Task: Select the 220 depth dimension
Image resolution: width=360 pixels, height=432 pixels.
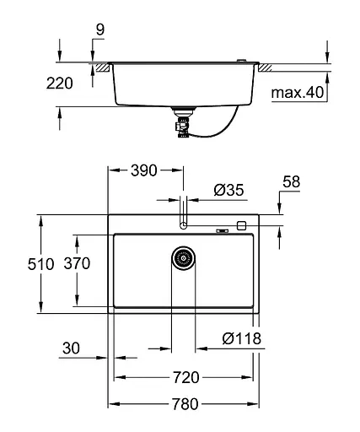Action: pyautogui.click(x=60, y=83)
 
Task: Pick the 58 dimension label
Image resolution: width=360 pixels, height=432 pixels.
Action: pyautogui.click(x=291, y=181)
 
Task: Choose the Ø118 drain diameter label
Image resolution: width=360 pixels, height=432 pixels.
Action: pyautogui.click(x=241, y=339)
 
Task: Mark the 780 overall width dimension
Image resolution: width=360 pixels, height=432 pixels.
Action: pyautogui.click(x=185, y=404)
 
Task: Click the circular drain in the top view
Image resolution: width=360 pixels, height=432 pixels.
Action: pyautogui.click(x=183, y=258)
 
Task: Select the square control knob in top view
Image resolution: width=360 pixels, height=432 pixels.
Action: pyautogui.click(x=241, y=226)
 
